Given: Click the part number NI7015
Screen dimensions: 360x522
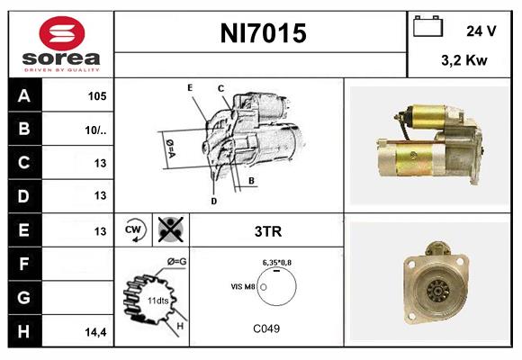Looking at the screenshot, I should click(x=263, y=34).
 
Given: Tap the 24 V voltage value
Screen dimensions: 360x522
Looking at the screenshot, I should click(x=481, y=31).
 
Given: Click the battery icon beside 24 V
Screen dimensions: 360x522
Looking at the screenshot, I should click(x=426, y=29).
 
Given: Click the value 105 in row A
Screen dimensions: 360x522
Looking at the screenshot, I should click(x=97, y=96).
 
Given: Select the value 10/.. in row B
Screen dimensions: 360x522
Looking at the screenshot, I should click(x=97, y=130).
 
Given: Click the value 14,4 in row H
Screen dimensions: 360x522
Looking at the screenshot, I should click(x=97, y=331).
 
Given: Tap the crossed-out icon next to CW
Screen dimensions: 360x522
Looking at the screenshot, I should click(x=169, y=229).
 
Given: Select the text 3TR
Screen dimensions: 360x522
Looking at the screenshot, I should click(x=266, y=231).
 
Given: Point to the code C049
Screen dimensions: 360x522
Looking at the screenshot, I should click(x=266, y=328).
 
